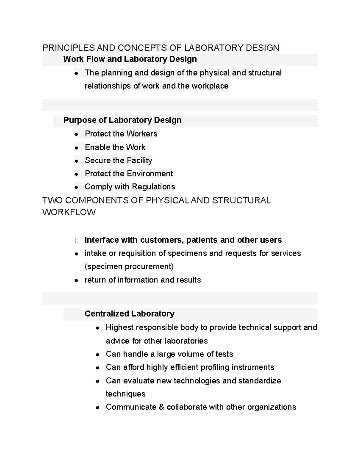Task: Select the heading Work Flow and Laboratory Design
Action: (x=130, y=59)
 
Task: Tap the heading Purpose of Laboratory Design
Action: (x=122, y=120)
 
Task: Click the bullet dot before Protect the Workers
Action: (x=77, y=134)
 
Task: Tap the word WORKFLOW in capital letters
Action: (x=69, y=212)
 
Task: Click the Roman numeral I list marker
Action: (x=76, y=240)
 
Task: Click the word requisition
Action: (x=137, y=253)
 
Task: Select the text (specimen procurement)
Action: (x=129, y=266)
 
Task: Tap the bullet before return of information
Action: (x=77, y=281)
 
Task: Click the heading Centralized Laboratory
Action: (x=129, y=314)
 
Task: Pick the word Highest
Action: (x=119, y=327)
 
